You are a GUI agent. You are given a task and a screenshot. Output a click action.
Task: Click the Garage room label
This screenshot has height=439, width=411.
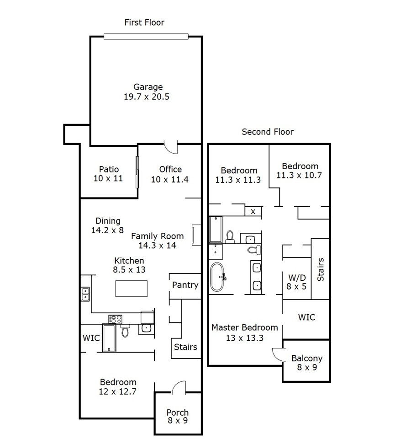(x=148, y=87)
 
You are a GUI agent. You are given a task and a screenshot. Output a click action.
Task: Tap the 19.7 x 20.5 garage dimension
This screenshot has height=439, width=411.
(x=147, y=96)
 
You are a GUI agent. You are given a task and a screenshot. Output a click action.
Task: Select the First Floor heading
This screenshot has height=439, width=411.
(x=144, y=22)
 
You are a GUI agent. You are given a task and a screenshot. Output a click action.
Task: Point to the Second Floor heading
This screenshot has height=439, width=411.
(x=268, y=132)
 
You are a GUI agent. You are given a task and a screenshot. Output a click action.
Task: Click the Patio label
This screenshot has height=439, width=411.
(x=109, y=169)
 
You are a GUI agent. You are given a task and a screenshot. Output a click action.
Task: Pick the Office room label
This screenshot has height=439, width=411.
(x=170, y=169)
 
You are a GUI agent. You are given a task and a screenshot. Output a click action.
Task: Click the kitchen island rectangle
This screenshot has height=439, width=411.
(x=132, y=289)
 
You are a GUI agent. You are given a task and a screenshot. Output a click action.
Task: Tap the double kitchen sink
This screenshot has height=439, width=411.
(x=85, y=294)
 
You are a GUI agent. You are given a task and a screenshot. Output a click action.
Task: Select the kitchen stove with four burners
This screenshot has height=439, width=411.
(x=116, y=319)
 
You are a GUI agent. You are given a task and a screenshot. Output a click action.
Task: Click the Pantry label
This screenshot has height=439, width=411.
(x=185, y=285)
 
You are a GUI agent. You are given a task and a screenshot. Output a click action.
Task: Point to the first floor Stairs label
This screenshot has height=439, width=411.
(x=185, y=347)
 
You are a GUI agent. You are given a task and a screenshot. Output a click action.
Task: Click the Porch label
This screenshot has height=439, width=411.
(x=178, y=412)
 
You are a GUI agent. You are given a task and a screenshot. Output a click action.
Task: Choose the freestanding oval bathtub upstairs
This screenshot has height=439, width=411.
(x=217, y=277)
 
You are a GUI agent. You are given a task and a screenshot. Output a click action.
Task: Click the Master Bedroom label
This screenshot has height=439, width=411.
(x=245, y=327)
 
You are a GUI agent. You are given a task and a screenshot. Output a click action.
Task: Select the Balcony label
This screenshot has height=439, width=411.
(x=307, y=359)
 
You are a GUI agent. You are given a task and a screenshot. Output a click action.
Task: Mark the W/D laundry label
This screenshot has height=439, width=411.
(x=297, y=278)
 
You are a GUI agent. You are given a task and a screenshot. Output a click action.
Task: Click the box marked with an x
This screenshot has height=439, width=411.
(x=253, y=211)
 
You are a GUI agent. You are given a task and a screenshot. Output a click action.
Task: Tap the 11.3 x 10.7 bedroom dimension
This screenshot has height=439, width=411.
(x=299, y=175)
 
